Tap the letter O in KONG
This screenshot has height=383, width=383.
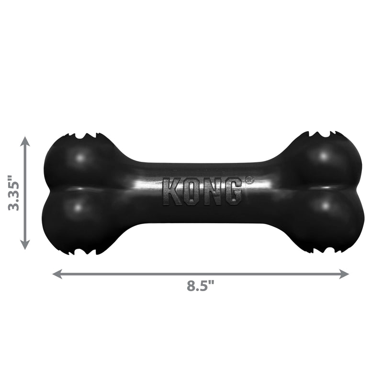[192, 191]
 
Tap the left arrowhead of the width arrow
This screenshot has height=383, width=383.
[56, 274]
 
